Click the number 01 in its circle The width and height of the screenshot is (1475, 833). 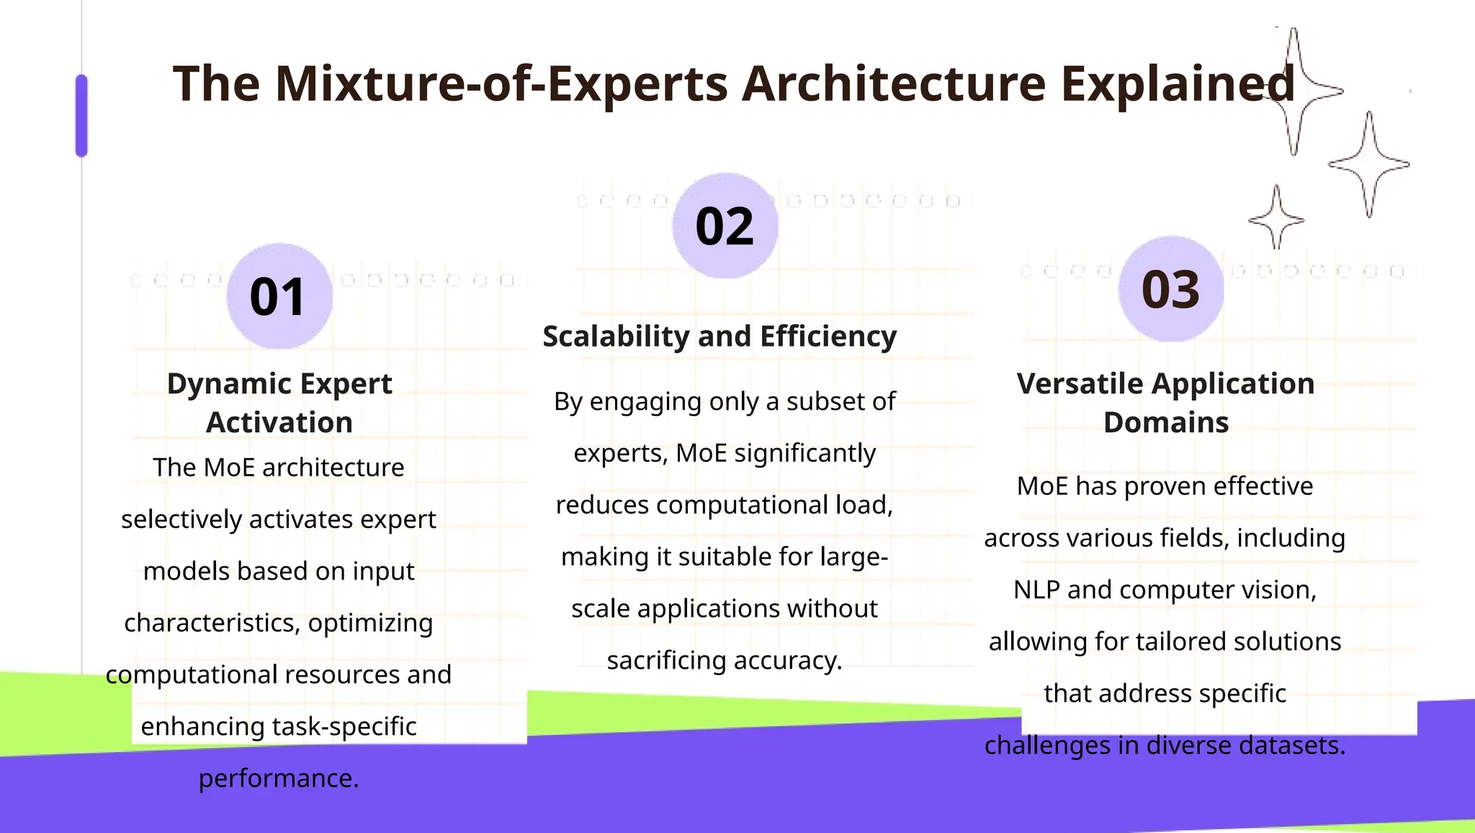(x=279, y=297)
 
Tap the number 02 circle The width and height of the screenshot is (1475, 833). (x=725, y=226)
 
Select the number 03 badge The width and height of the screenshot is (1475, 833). (x=1170, y=290)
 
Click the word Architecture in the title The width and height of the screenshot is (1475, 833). (x=893, y=84)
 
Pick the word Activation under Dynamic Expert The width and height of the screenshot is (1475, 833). (x=279, y=422)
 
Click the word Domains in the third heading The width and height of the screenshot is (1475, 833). (x=1166, y=422)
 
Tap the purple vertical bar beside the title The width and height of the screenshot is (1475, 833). (x=81, y=115)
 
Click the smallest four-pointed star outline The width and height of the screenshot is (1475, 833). (x=1276, y=218)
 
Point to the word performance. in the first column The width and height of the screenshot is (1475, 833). (x=279, y=778)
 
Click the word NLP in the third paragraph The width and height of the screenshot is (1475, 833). (x=1037, y=589)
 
